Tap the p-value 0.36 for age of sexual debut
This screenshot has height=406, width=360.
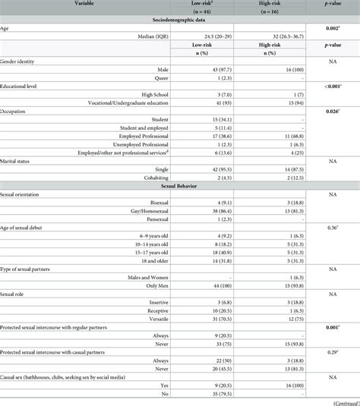click(x=330, y=228)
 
